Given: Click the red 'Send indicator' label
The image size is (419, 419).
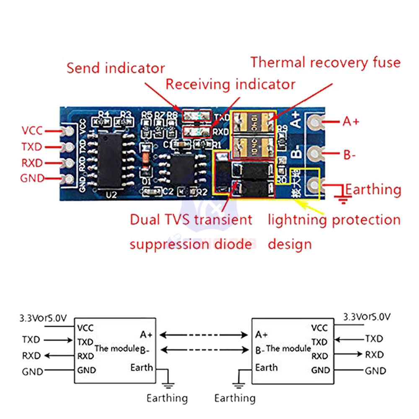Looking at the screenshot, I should (x=116, y=68).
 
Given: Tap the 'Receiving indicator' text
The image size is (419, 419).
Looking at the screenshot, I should (x=230, y=84).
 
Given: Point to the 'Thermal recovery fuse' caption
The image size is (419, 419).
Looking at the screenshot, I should (x=326, y=62).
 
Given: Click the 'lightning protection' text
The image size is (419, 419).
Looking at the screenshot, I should (x=334, y=220).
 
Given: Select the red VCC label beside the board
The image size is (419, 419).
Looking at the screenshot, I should (x=32, y=131).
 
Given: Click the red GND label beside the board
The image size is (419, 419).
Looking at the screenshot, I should (x=32, y=178).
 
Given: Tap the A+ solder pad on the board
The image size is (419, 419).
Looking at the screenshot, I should (x=314, y=122).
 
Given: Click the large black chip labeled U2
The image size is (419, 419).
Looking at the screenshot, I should (x=110, y=160).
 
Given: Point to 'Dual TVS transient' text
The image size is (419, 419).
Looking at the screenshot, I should (x=191, y=220).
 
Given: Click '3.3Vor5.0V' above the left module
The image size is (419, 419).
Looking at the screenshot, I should (x=43, y=318).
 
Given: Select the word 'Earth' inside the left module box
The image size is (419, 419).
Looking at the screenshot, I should (x=142, y=367).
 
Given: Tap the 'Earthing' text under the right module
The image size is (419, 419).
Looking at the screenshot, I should (x=235, y=398).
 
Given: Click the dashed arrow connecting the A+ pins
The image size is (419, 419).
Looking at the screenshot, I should (x=204, y=335).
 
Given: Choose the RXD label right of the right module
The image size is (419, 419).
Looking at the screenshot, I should (x=374, y=355).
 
